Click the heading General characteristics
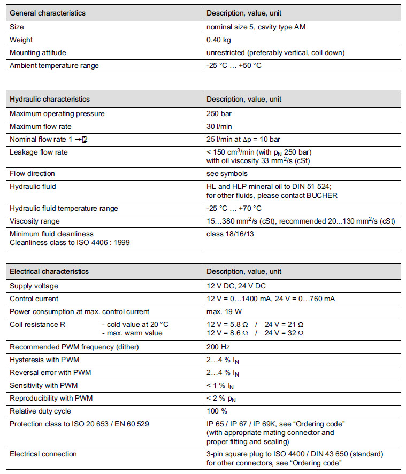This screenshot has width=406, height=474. pyautogui.click(x=47, y=13)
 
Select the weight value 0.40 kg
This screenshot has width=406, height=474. pyautogui.click(x=219, y=40)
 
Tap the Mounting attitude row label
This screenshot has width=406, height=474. pyautogui.click(x=38, y=53)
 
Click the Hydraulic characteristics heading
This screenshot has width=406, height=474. pyautogui.click(x=50, y=99)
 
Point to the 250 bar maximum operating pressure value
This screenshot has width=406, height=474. pyautogui.click(x=219, y=113)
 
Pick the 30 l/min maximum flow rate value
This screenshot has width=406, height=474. pyautogui.click(x=219, y=126)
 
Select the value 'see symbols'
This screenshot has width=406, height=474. pyautogui.click(x=227, y=174)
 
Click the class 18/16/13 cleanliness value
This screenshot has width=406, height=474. pyautogui.click(x=231, y=234)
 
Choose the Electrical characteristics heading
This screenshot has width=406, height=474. pyautogui.click(x=49, y=271)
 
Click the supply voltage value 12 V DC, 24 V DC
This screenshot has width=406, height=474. pyautogui.click(x=236, y=286)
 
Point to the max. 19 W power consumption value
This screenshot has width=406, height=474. pyautogui.click(x=225, y=311)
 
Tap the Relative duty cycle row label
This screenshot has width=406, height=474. pyautogui.click(x=40, y=411)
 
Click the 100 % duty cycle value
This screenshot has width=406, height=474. pyautogui.click(x=217, y=411)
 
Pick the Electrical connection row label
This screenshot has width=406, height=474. pyautogui.click(x=43, y=454)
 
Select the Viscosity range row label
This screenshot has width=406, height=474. pyautogui.click(x=35, y=221)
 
